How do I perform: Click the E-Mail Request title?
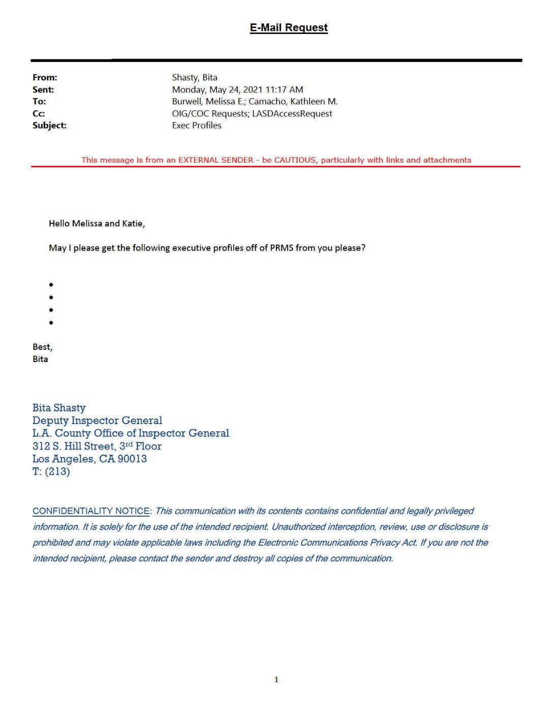pos(288,28)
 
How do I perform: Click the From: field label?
pos(45,78)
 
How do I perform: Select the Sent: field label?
pos(43,90)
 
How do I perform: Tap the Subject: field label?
pos(49,126)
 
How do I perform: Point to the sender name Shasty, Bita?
pos(194,78)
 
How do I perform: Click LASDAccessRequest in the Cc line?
pos(292,114)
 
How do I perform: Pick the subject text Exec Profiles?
pos(197,126)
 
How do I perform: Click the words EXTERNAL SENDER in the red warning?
pos(216,160)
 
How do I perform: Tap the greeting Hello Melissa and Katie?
pos(97,224)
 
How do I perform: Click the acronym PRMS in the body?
pos(282,248)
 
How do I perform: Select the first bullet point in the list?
pos(51,285)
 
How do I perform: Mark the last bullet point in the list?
pos(51,322)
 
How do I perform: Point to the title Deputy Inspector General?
pos(97,421)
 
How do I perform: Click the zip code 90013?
pos(132,459)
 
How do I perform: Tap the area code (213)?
pos(57,472)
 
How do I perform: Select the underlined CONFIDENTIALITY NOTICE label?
pos(91,511)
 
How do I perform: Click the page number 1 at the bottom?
pos(276,680)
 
